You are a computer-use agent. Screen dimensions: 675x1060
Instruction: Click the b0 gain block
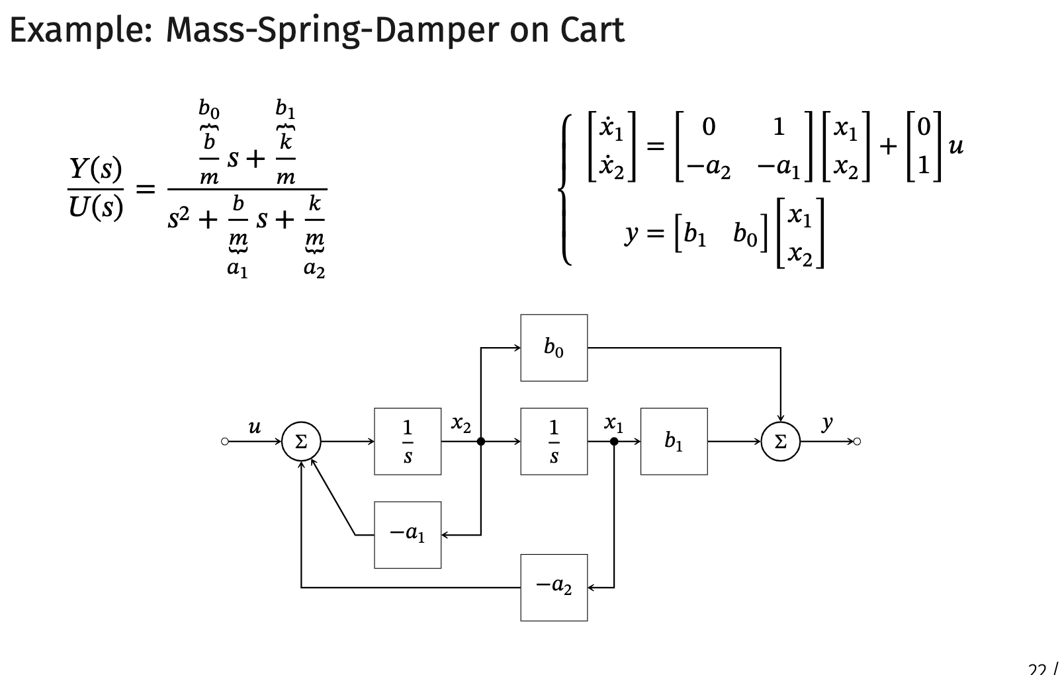coord(554,348)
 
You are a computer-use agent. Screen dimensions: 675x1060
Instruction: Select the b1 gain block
coord(674,441)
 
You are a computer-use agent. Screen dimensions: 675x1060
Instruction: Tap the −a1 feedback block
coord(408,534)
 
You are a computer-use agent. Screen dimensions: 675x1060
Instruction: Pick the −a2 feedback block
coord(554,587)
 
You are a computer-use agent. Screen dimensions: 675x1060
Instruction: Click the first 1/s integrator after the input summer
coord(408,441)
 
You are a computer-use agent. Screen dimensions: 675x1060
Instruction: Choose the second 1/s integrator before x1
coord(554,441)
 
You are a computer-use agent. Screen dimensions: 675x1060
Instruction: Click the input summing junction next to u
coord(301,442)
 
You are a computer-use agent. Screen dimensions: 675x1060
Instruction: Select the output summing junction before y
coord(781,442)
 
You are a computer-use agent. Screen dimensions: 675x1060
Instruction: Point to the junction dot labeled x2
coord(481,442)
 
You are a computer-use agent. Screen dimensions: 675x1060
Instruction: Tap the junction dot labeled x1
coord(614,442)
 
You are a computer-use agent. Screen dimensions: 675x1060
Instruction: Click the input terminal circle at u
coord(225,442)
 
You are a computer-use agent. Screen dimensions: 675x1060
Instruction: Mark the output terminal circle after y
coord(858,442)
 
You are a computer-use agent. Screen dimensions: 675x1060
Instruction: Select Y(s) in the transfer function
coord(96,169)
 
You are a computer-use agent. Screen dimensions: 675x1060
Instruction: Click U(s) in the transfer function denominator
coord(96,208)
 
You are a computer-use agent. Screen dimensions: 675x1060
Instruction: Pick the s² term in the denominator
coord(179,219)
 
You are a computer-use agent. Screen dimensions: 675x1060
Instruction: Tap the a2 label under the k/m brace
coord(314,269)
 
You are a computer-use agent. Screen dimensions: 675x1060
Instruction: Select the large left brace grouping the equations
coord(566,190)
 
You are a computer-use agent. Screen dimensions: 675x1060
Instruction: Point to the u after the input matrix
coord(955,145)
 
